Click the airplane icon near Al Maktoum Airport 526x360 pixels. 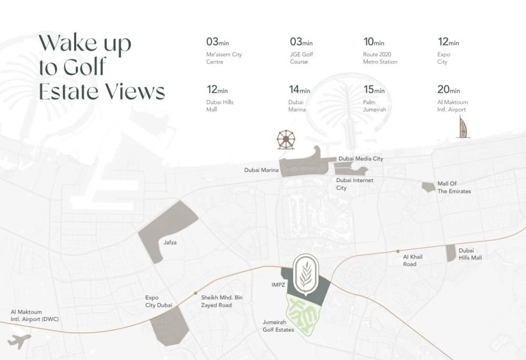(x=19, y=341)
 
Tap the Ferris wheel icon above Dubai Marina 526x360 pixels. (x=286, y=139)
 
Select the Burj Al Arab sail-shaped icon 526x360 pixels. (x=463, y=128)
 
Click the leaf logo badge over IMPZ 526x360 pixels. (x=306, y=273)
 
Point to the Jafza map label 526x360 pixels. (x=170, y=243)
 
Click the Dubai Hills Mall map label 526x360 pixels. (x=470, y=254)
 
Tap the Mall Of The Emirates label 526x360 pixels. (x=454, y=187)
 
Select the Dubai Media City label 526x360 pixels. (x=361, y=158)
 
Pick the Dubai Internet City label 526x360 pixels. (x=355, y=184)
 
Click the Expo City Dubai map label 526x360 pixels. (x=159, y=301)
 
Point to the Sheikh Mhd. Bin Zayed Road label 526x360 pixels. (x=222, y=301)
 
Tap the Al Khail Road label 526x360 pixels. (x=413, y=260)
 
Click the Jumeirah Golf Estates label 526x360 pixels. (x=278, y=326)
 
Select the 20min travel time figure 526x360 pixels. (x=449, y=90)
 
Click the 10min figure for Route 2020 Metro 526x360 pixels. (x=374, y=42)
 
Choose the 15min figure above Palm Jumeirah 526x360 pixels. (x=374, y=90)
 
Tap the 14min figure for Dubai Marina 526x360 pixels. (x=300, y=90)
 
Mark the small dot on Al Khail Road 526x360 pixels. (x=398, y=251)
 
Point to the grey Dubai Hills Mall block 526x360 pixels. (x=450, y=253)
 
